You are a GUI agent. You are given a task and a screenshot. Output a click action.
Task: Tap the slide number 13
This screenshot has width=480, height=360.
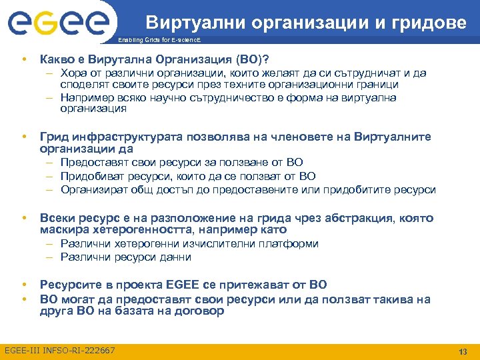[463, 351]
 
